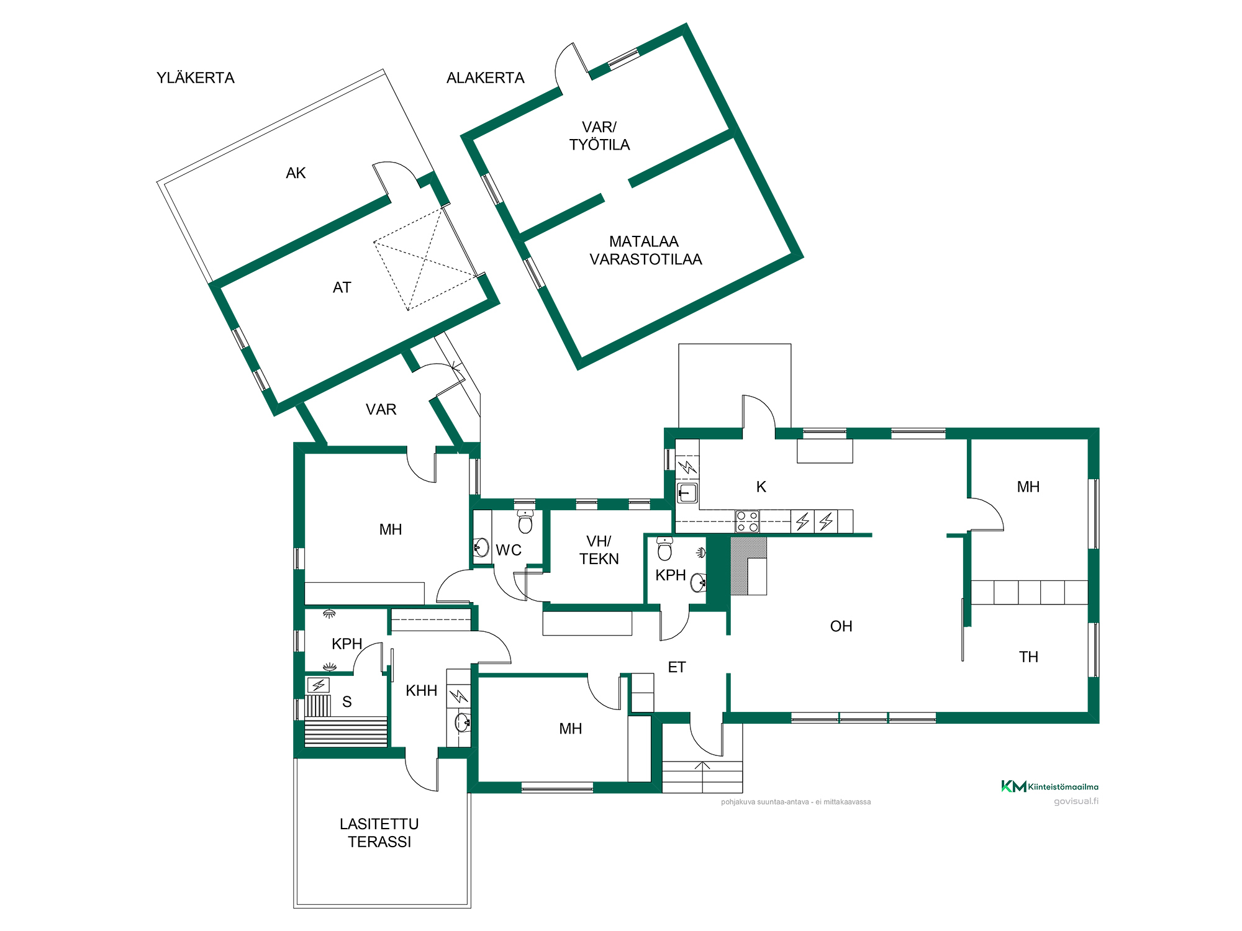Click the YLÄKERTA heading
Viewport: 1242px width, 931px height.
pyautogui.click(x=196, y=78)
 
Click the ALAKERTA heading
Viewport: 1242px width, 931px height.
pyautogui.click(x=486, y=78)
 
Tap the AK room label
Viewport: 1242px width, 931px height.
pyautogui.click(x=296, y=173)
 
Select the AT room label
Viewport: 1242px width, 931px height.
pyautogui.click(x=342, y=287)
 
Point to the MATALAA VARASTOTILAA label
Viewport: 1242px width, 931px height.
pyautogui.click(x=646, y=251)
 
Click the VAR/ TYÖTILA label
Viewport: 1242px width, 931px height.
pyautogui.click(x=600, y=136)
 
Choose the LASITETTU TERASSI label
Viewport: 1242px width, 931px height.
pyautogui.click(x=379, y=833)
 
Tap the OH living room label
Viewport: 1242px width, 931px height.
pyautogui.click(x=841, y=626)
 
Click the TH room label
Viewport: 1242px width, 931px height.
pyautogui.click(x=1028, y=657)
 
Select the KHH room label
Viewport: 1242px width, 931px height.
pyautogui.click(x=422, y=691)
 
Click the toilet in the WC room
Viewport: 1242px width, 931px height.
pyautogui.click(x=525, y=522)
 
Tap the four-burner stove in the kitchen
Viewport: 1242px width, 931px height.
pyautogui.click(x=747, y=521)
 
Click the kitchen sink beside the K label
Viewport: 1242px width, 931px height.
pyautogui.click(x=687, y=493)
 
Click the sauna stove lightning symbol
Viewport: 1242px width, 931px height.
pyautogui.click(x=319, y=685)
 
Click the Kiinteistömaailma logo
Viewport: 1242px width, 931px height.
pyautogui.click(x=1049, y=786)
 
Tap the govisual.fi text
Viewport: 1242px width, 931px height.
pyautogui.click(x=1076, y=801)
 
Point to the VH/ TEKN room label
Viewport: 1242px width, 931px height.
pyautogui.click(x=599, y=551)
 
